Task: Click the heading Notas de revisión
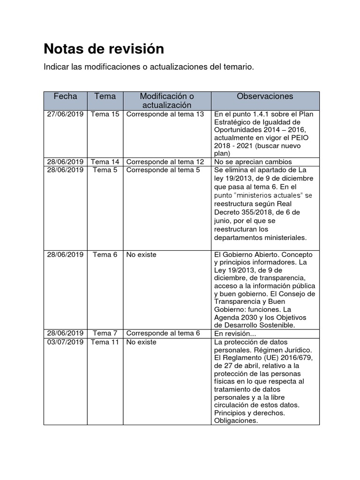pos(104,49)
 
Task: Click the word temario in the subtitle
pos(238,67)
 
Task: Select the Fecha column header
pos(65,96)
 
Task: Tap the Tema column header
pos(105,96)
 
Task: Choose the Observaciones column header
pos(265,96)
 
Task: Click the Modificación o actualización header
pos(167,100)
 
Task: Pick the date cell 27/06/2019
pos(65,114)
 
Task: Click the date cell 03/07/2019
pos(65,342)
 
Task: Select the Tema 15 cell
pos(105,114)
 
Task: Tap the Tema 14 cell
pos(105,162)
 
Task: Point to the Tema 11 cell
pos(105,342)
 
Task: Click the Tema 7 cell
pos(105,333)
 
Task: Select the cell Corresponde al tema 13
pos(165,114)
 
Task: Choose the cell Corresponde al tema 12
pos(165,162)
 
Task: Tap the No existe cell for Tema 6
pos(141,255)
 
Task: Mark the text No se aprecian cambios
pos(253,162)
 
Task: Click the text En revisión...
pos(235,334)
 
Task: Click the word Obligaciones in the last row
pos(236,420)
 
